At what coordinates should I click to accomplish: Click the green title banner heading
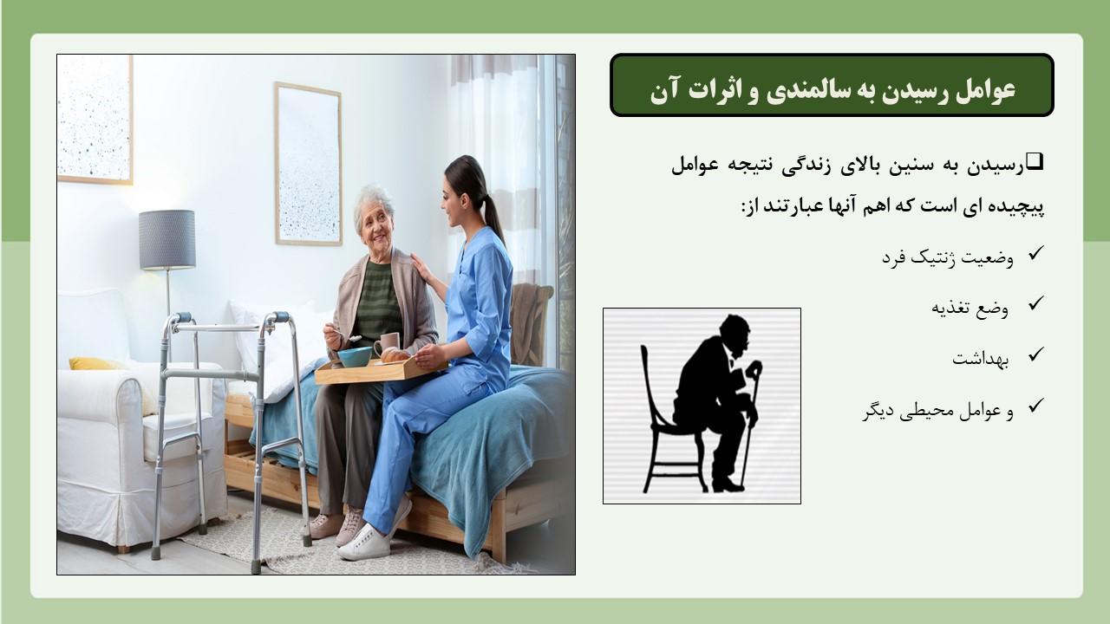click(832, 85)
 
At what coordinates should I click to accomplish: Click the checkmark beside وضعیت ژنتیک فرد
click(1035, 253)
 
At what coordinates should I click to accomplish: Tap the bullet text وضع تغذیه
click(970, 309)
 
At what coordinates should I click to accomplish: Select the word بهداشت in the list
click(980, 359)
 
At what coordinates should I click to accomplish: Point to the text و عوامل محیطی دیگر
click(938, 411)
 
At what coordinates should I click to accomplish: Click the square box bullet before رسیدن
click(1035, 162)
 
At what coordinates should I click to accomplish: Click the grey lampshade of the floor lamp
click(167, 240)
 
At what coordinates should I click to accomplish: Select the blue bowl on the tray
click(355, 356)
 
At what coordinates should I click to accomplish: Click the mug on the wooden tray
click(387, 344)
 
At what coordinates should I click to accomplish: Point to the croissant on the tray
click(395, 355)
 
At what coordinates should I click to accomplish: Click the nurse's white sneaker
click(365, 543)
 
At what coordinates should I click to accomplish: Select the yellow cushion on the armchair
click(92, 364)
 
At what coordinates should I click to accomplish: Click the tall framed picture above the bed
click(308, 164)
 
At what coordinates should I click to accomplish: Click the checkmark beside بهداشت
click(1035, 354)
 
